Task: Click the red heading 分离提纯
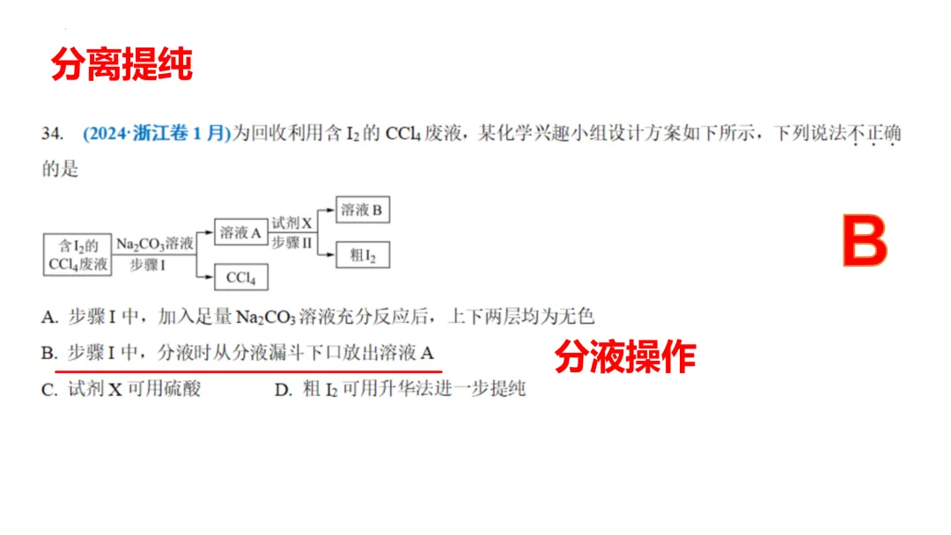point(122,65)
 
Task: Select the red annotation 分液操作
point(625,357)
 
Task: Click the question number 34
point(52,134)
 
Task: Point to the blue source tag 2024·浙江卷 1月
point(156,134)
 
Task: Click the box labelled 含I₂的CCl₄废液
point(77,254)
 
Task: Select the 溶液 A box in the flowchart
point(240,233)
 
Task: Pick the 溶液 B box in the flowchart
point(362,210)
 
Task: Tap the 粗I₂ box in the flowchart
point(362,255)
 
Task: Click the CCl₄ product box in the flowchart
point(240,278)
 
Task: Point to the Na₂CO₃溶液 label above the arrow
point(154,244)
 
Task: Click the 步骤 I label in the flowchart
point(149,264)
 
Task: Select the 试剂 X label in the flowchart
point(292,224)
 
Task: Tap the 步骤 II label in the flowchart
point(292,244)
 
